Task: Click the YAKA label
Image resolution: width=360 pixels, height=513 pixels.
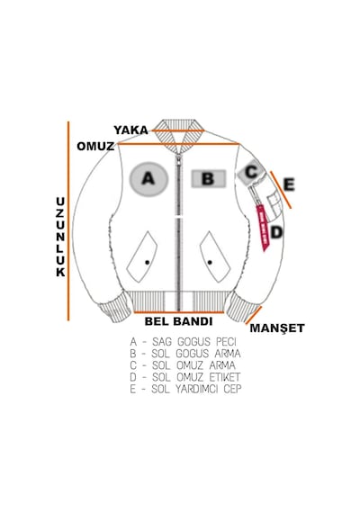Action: (130, 130)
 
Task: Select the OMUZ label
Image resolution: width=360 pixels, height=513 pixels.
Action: (95, 146)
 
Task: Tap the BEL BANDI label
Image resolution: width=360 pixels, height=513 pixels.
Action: (179, 321)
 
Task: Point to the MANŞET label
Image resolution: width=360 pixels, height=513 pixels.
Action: (277, 328)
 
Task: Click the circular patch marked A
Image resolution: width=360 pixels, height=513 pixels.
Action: (148, 179)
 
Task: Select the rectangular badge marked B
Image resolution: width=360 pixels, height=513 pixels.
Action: (209, 178)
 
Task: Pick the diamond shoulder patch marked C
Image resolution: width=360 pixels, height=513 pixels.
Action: (251, 173)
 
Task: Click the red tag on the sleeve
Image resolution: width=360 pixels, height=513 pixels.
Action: (263, 228)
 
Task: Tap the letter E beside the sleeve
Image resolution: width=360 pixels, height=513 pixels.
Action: (289, 184)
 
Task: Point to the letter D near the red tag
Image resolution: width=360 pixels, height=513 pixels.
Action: (276, 232)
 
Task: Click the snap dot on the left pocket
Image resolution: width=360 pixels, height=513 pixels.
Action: (148, 263)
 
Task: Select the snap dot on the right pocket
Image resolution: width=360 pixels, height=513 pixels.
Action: (210, 263)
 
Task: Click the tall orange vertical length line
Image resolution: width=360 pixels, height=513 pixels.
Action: (68, 221)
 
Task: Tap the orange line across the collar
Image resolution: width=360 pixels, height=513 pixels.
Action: (178, 130)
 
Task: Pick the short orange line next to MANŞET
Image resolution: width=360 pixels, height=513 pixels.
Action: (254, 315)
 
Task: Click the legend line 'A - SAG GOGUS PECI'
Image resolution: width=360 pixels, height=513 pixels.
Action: (183, 342)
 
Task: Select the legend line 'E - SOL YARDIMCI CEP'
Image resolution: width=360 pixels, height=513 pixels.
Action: (185, 389)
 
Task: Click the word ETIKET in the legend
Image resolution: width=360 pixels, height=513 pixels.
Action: (225, 377)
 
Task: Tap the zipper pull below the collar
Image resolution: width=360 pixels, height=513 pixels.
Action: (179, 161)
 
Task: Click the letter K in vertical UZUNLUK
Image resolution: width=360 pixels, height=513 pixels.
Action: (60, 272)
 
